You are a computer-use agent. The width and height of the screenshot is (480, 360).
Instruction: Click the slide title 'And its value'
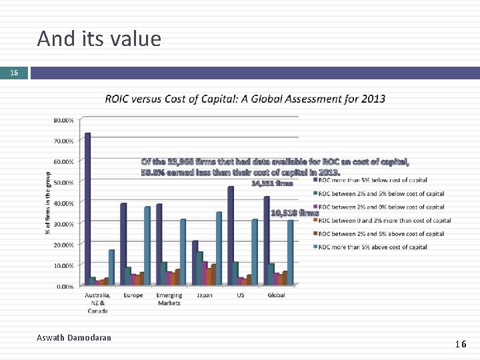[99, 39]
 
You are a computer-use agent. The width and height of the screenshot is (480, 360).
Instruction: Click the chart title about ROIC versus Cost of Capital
[245, 99]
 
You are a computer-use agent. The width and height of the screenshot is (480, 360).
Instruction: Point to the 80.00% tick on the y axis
[63, 121]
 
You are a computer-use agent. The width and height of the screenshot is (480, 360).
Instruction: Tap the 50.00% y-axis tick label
[63, 182]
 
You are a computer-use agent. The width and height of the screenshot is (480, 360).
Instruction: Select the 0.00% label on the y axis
[65, 286]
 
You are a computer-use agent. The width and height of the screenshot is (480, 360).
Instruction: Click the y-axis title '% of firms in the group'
[47, 203]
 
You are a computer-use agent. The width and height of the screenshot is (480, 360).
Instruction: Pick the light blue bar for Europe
[147, 245]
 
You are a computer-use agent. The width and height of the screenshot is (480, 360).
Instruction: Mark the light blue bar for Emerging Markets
[182, 252]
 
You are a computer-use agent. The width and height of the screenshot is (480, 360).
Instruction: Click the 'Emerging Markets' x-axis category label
[169, 299]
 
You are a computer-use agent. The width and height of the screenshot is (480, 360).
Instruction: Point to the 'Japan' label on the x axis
[204, 295]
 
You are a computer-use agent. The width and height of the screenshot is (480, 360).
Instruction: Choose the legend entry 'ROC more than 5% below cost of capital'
[372, 180]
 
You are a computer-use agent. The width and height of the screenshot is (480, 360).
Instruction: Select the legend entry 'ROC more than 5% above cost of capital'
[372, 247]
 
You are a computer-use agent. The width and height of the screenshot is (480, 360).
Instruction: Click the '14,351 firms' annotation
[272, 183]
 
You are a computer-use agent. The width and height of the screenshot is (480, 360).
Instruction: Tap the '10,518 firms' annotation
[294, 213]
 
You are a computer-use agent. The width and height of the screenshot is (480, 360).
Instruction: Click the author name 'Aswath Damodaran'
[74, 338]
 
